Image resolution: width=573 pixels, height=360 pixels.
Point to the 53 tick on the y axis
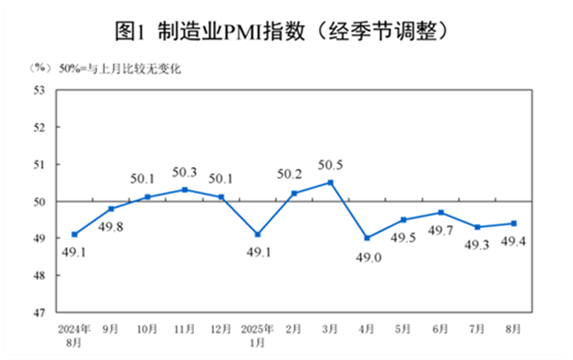pos(38,90)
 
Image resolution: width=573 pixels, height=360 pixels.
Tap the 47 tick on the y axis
pos(38,312)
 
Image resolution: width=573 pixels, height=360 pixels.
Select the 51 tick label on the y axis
pos(38,164)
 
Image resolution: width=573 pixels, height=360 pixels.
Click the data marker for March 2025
pos(331,182)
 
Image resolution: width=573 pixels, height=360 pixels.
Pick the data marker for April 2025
pos(367,238)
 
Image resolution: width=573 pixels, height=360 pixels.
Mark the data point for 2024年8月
pos(74,234)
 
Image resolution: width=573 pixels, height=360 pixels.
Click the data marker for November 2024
pos(184,190)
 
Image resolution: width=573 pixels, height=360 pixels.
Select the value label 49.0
pos(367,257)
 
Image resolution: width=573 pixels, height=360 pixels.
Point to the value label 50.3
pos(184,173)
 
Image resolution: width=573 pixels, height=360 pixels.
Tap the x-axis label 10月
pos(148,329)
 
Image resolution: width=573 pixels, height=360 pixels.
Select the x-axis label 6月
pos(440,329)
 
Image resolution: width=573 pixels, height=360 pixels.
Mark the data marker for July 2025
pos(477,227)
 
